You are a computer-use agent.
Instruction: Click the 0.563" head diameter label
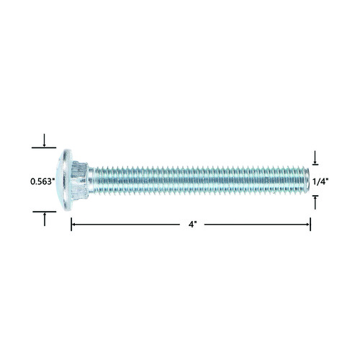tap(41, 181)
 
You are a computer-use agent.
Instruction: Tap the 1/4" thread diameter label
tap(320, 181)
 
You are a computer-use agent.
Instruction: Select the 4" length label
tap(192, 225)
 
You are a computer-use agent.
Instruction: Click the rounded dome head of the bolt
tap(64, 180)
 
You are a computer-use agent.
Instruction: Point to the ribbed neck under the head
tap(79, 180)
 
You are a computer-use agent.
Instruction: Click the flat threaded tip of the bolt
tap(307, 180)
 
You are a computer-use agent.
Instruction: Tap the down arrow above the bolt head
tap(44, 140)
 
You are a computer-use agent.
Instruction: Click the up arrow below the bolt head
tap(45, 220)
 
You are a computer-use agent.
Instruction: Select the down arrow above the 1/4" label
tap(315, 157)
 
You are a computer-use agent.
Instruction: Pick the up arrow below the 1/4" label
tap(315, 202)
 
